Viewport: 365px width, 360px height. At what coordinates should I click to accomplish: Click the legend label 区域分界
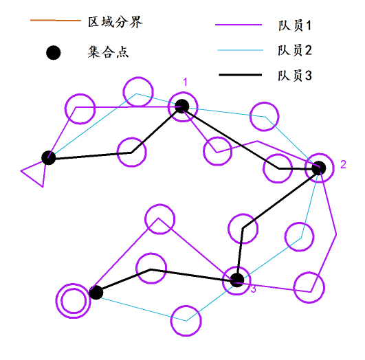click(115, 23)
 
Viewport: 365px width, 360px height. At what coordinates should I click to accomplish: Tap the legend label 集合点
click(108, 52)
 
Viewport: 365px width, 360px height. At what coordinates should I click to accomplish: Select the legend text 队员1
click(295, 25)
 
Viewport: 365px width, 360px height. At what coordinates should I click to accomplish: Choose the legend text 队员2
click(295, 50)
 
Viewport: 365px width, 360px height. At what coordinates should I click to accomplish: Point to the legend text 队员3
click(295, 76)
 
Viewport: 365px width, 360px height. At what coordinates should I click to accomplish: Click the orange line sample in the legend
click(56, 21)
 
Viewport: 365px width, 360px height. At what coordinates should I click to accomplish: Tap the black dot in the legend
click(54, 53)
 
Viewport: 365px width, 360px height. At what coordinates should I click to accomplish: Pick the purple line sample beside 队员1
click(239, 25)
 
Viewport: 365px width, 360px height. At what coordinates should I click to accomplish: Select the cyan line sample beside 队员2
click(240, 50)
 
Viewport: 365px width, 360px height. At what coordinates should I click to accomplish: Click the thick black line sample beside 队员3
click(241, 75)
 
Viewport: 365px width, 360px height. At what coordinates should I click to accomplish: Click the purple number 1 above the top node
click(186, 82)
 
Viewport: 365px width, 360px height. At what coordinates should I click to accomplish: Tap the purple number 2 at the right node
click(343, 164)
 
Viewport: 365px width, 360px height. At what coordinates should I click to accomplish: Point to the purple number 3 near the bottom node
click(253, 289)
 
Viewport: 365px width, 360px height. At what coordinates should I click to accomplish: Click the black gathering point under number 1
click(182, 106)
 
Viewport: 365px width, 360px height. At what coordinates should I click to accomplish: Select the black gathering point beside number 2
click(319, 168)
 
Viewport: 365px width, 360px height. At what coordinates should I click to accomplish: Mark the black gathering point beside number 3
click(237, 280)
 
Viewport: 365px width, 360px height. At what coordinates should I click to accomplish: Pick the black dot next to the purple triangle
click(49, 158)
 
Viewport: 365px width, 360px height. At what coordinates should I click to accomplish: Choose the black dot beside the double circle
click(96, 292)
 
